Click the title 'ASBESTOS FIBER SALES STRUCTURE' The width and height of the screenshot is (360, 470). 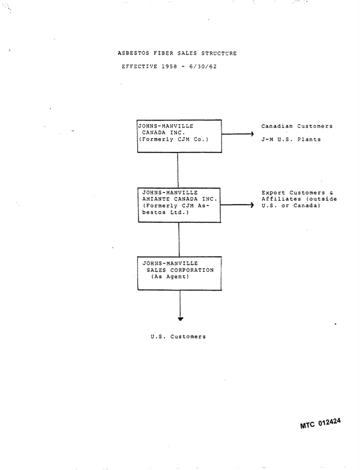(177, 53)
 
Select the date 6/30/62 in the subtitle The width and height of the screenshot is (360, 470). (203, 67)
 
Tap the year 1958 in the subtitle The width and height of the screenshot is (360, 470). (169, 67)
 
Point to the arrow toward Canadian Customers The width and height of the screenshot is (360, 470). (238, 134)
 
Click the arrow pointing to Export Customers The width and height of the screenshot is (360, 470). (237, 205)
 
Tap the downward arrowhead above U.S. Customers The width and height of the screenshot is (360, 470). (180, 319)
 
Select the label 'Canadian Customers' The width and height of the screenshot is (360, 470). (297, 126)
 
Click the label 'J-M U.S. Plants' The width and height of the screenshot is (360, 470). (291, 139)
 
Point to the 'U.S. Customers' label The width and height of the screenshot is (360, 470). (178, 336)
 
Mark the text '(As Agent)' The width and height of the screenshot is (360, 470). (170, 277)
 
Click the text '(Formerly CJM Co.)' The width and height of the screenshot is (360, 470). (173, 139)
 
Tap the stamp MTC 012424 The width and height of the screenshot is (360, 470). (320, 424)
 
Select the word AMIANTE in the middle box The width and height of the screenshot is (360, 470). (156, 199)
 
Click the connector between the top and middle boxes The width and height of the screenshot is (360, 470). (178, 170)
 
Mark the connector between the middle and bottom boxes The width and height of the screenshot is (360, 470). (179, 240)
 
